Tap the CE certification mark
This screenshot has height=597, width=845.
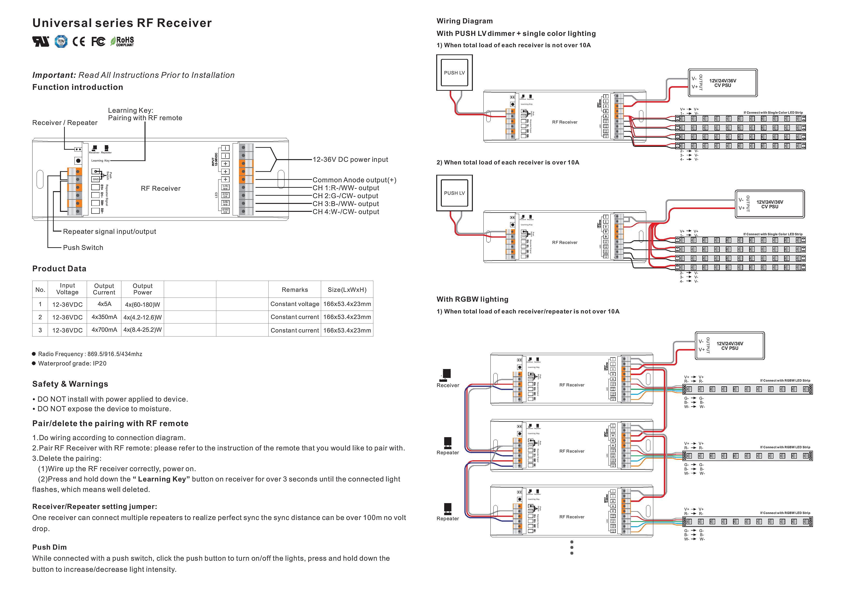click(78, 42)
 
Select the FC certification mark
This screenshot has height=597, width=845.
click(98, 42)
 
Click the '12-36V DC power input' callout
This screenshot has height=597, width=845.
click(350, 160)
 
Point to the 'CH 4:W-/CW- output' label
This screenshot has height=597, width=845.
click(346, 212)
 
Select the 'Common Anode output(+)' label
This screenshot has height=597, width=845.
click(354, 180)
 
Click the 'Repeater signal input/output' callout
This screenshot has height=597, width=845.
click(109, 231)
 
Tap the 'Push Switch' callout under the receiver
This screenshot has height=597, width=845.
click(83, 247)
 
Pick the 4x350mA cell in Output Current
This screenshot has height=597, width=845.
click(104, 317)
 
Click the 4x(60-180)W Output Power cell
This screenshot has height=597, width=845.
click(142, 305)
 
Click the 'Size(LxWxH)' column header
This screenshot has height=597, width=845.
click(347, 290)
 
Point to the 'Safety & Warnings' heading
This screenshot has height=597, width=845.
click(70, 384)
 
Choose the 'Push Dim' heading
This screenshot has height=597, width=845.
click(49, 547)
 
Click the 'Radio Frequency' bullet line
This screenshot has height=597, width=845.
click(90, 354)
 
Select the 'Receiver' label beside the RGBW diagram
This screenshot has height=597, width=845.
click(448, 385)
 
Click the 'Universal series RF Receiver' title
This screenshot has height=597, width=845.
click(122, 23)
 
